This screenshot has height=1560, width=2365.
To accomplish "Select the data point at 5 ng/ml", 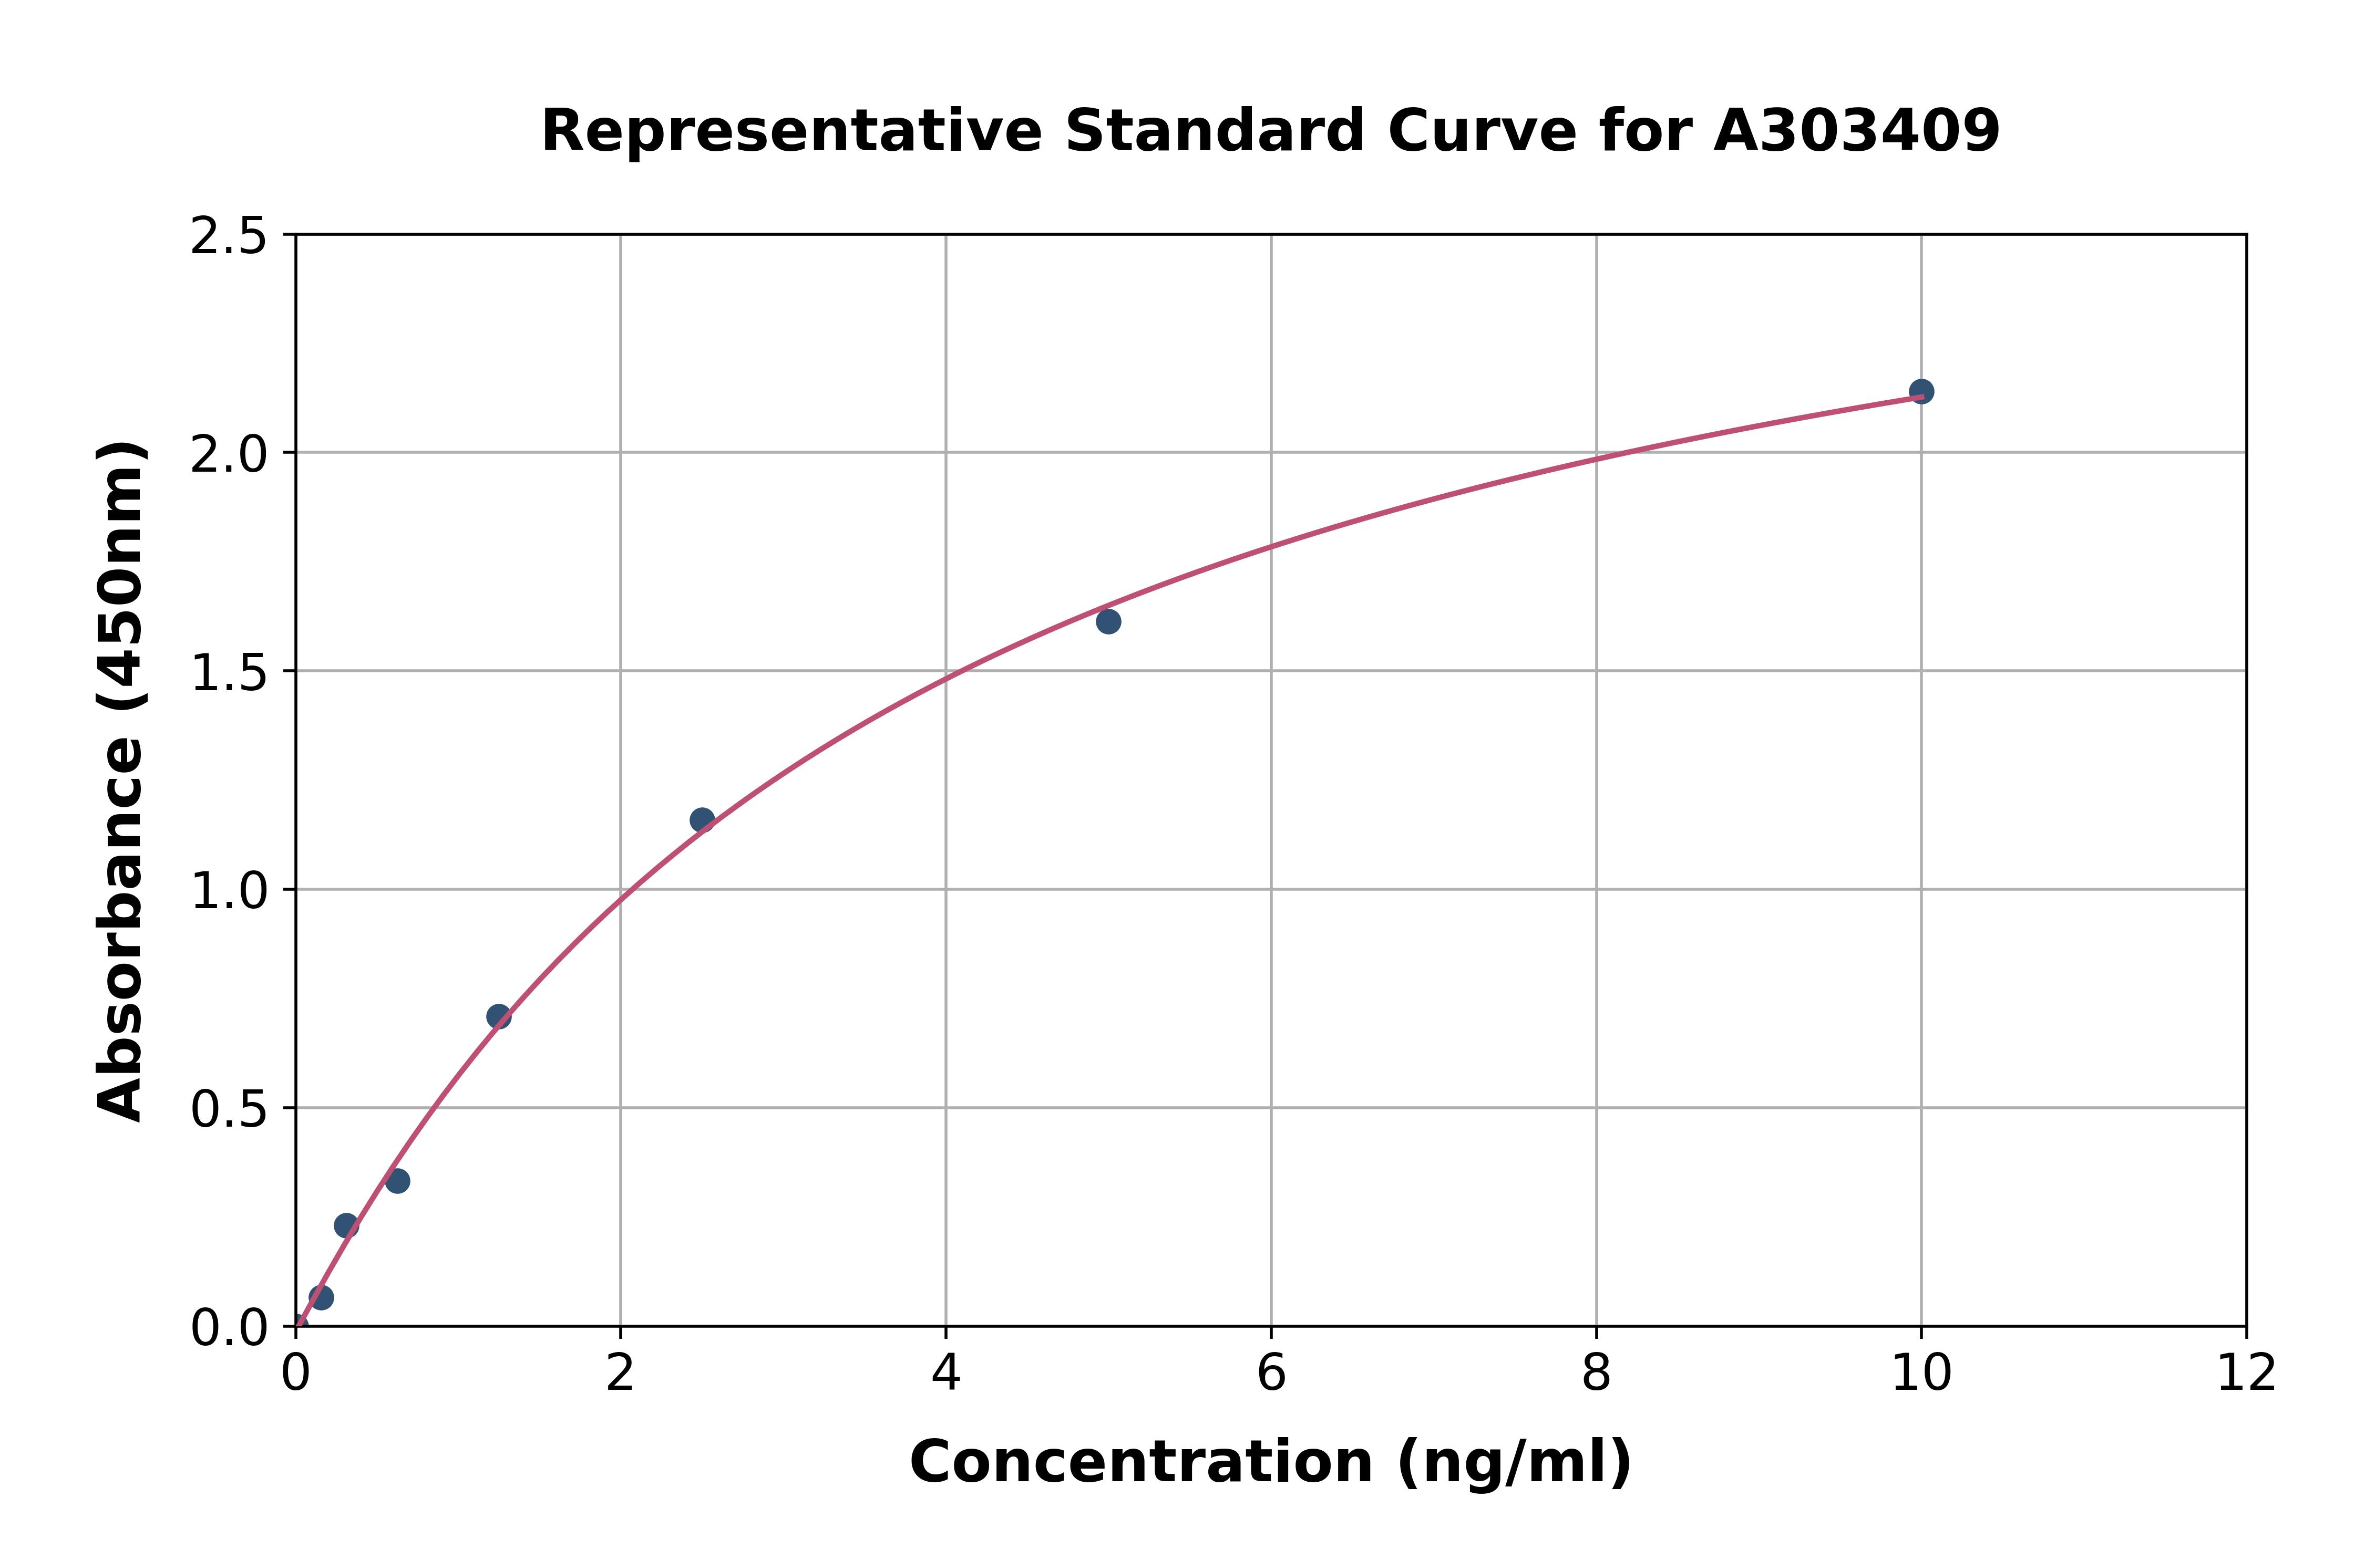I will pos(1108,622).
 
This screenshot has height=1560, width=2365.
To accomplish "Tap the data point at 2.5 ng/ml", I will pos(702,820).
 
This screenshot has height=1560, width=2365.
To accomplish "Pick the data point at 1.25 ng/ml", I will pos(499,1017).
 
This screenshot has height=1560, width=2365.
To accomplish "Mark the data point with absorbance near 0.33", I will pos(397,1181).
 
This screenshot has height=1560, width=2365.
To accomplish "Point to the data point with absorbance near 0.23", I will pos(346,1226).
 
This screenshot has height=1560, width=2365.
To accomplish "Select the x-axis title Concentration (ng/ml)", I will pos(1270,1462).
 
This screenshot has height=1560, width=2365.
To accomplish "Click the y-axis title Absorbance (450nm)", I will pos(121,781).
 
